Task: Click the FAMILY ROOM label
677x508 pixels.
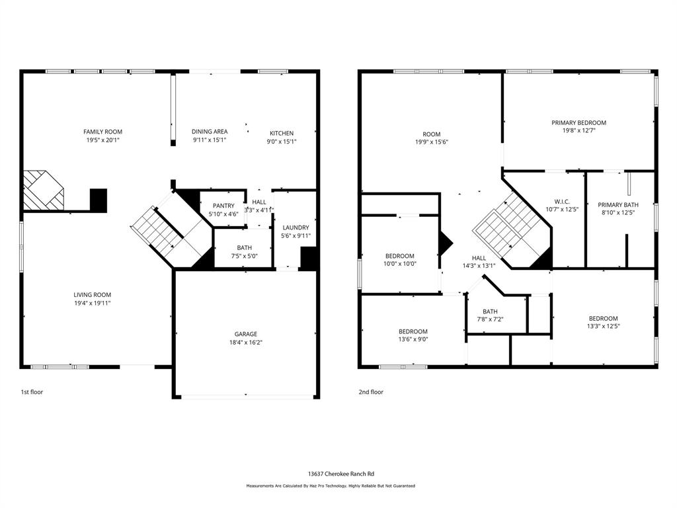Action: point(102,132)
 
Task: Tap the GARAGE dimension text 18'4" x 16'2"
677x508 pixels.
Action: point(245,343)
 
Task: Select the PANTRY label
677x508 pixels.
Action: point(223,206)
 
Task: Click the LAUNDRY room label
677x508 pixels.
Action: point(296,228)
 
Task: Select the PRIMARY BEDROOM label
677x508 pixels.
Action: point(578,123)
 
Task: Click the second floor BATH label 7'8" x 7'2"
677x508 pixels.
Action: point(490,312)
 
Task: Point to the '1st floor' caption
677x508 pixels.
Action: point(31,392)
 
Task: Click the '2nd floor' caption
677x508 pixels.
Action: point(370,392)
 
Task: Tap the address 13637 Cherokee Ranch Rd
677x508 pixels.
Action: point(340,474)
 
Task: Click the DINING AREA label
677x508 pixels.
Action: point(210,132)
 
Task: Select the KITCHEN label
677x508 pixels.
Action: point(281,133)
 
